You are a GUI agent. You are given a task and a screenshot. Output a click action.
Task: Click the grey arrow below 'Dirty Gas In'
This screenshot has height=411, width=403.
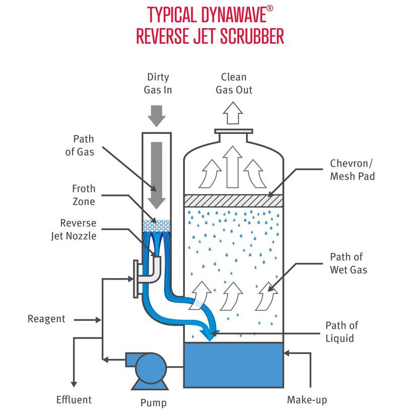[x=157, y=116]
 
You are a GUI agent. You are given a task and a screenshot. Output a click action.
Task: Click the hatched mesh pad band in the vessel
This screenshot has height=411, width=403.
[x=233, y=200]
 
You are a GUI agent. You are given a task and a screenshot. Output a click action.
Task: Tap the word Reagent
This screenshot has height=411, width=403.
[x=46, y=319]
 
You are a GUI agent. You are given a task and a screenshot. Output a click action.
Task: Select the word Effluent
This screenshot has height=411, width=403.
[x=74, y=400]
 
